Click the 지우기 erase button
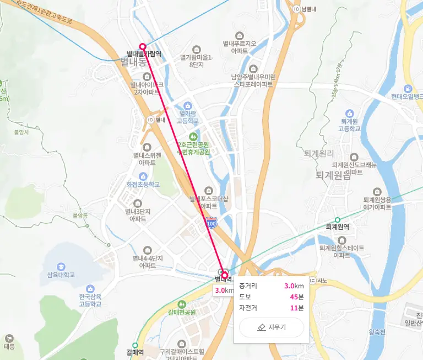pyautogui.click(x=272, y=327)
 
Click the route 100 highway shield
pyautogui.click(x=211, y=224)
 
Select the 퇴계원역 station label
pyautogui.click(x=338, y=227)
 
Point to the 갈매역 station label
pyautogui.click(x=135, y=351)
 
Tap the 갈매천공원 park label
pyautogui.click(x=182, y=311)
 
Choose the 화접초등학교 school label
pyautogui.click(x=143, y=184)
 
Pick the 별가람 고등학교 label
pyautogui.click(x=187, y=117)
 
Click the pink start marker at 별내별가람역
pyautogui.click(x=143, y=47)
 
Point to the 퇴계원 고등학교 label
pyautogui.click(x=350, y=125)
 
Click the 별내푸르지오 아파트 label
pyautogui.click(x=240, y=47)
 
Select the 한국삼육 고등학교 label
pyautogui.click(x=90, y=300)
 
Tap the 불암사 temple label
pyautogui.click(x=20, y=132)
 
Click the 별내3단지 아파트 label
pyautogui.click(x=137, y=214)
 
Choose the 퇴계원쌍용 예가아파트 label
pyautogui.click(x=377, y=203)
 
